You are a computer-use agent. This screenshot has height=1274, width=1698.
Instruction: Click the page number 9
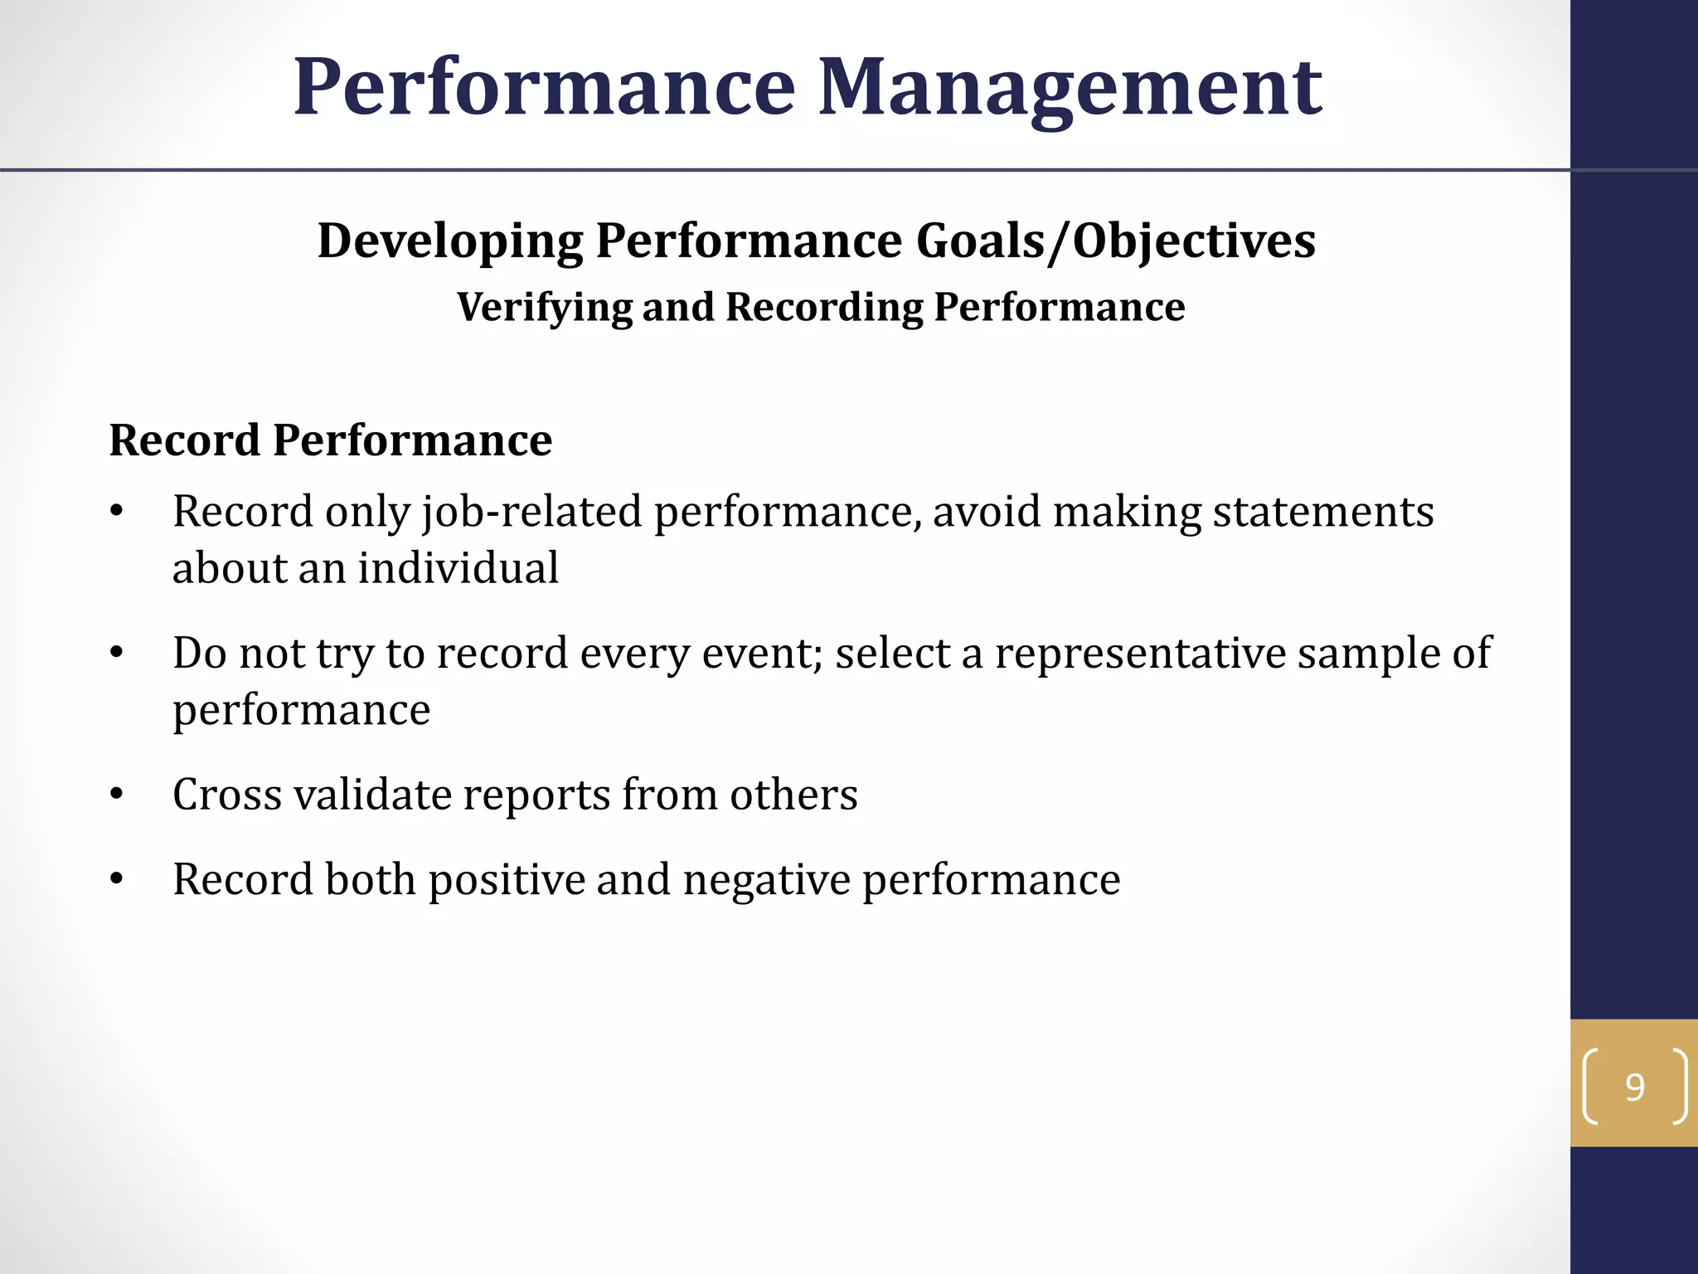pyautogui.click(x=1634, y=1087)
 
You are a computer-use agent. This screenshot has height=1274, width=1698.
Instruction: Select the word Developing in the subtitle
pyautogui.click(x=450, y=241)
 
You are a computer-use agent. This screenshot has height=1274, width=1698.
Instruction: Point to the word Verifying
pyautogui.click(x=544, y=308)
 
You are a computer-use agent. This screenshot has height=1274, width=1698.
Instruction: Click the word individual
pyautogui.click(x=458, y=568)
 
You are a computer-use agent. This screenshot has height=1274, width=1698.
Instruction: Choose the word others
pyautogui.click(x=793, y=795)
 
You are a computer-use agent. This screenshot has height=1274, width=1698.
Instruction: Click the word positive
pyautogui.click(x=507, y=880)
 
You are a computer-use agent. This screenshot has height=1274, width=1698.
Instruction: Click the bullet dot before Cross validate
pyautogui.click(x=117, y=795)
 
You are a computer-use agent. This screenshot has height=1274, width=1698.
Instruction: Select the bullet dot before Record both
pyautogui.click(x=117, y=880)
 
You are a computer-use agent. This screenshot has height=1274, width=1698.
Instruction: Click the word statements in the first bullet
pyautogui.click(x=1323, y=512)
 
